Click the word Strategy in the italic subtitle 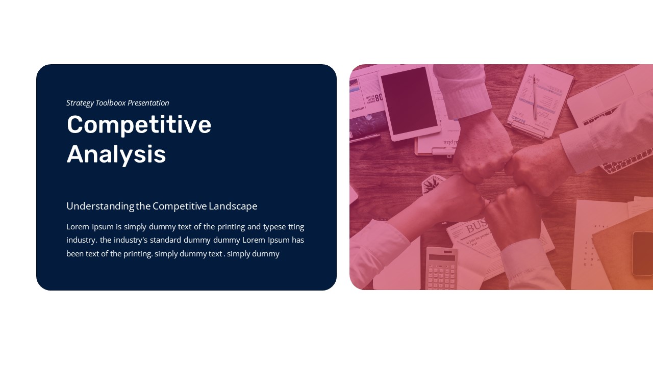(x=80, y=103)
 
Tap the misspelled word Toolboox (x=111, y=103)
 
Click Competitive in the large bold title (x=139, y=125)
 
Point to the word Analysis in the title (x=116, y=154)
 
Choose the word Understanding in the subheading (x=100, y=206)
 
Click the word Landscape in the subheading (x=233, y=206)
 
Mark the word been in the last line (x=75, y=253)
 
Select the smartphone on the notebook (x=642, y=253)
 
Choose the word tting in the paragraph (x=296, y=227)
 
